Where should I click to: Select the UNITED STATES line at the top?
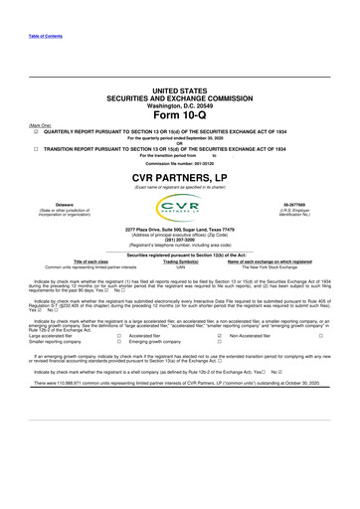tap(179, 88)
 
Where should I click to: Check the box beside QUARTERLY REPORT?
tap(35, 130)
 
